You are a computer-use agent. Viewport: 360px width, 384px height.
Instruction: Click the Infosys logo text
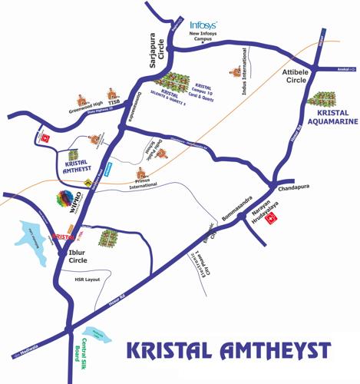pos(203,26)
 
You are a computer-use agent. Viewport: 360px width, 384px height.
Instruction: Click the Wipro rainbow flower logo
pos(65,198)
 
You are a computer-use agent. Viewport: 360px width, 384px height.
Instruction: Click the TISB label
pos(114,102)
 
